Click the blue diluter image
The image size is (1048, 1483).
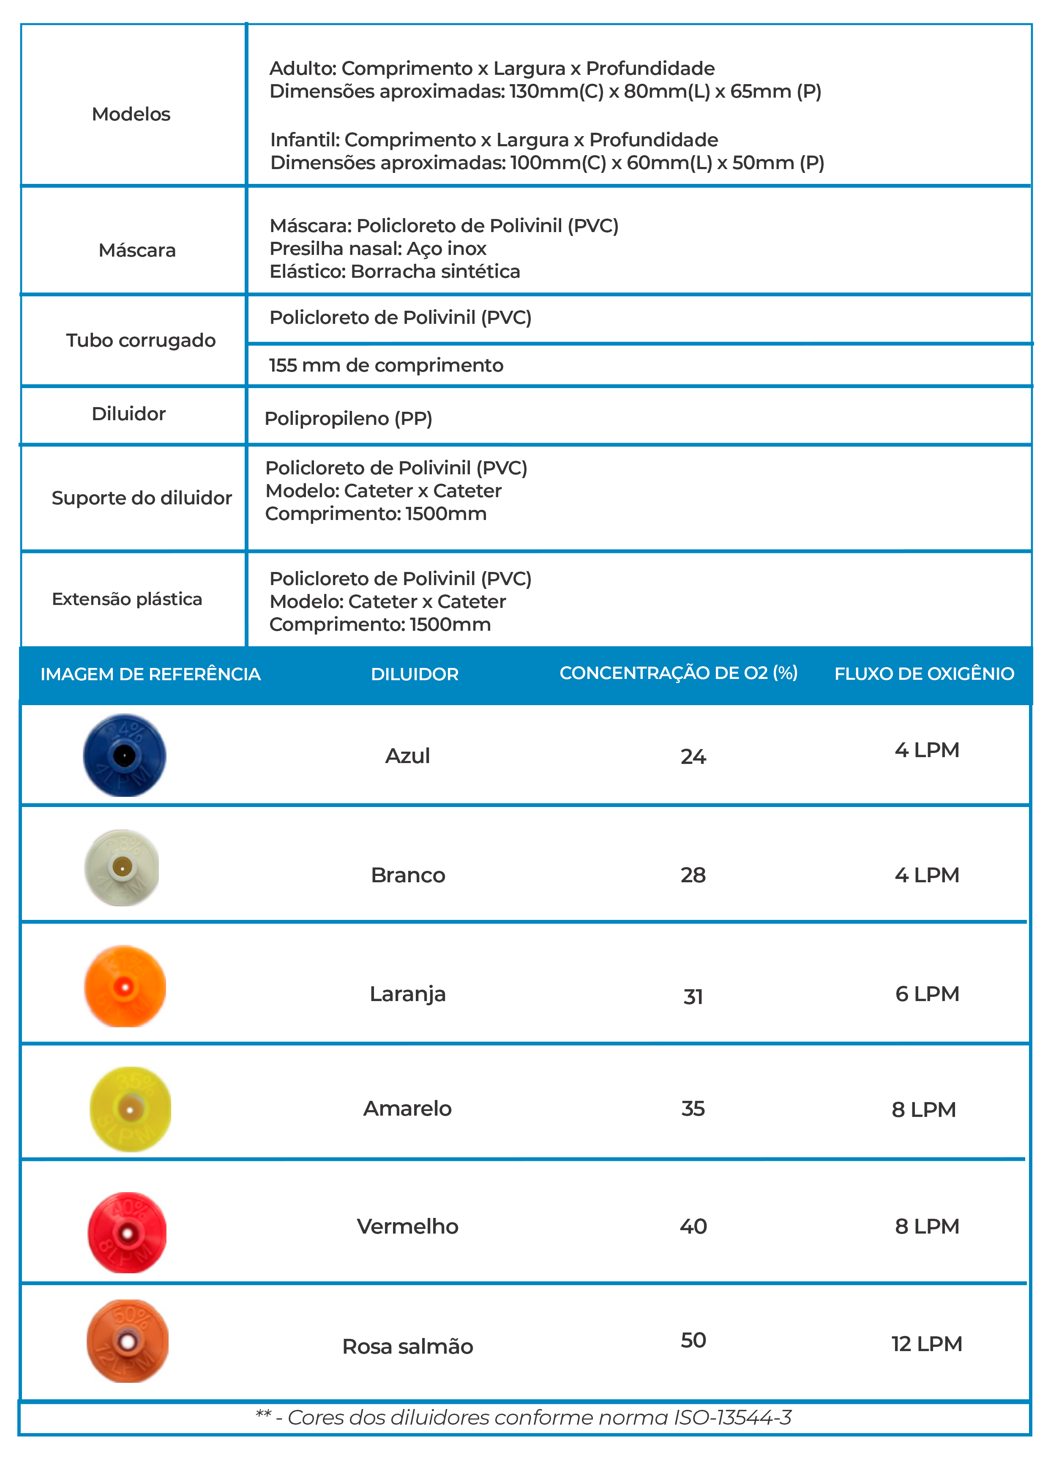[x=125, y=755]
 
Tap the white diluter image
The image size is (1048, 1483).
[x=122, y=867]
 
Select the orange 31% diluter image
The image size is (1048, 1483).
[x=125, y=986]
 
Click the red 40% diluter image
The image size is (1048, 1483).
[x=127, y=1232]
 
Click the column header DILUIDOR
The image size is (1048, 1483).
[x=415, y=674]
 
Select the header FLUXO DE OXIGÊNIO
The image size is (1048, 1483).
[x=924, y=674]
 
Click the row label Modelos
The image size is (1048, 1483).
[x=131, y=114]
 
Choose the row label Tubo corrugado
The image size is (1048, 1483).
[x=141, y=340]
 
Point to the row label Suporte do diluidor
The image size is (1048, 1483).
[x=142, y=498]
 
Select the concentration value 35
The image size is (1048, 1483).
[x=693, y=1109]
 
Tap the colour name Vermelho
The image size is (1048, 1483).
[x=407, y=1226]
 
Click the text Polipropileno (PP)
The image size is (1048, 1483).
[x=349, y=419]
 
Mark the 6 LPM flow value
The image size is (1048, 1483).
[x=927, y=994]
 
